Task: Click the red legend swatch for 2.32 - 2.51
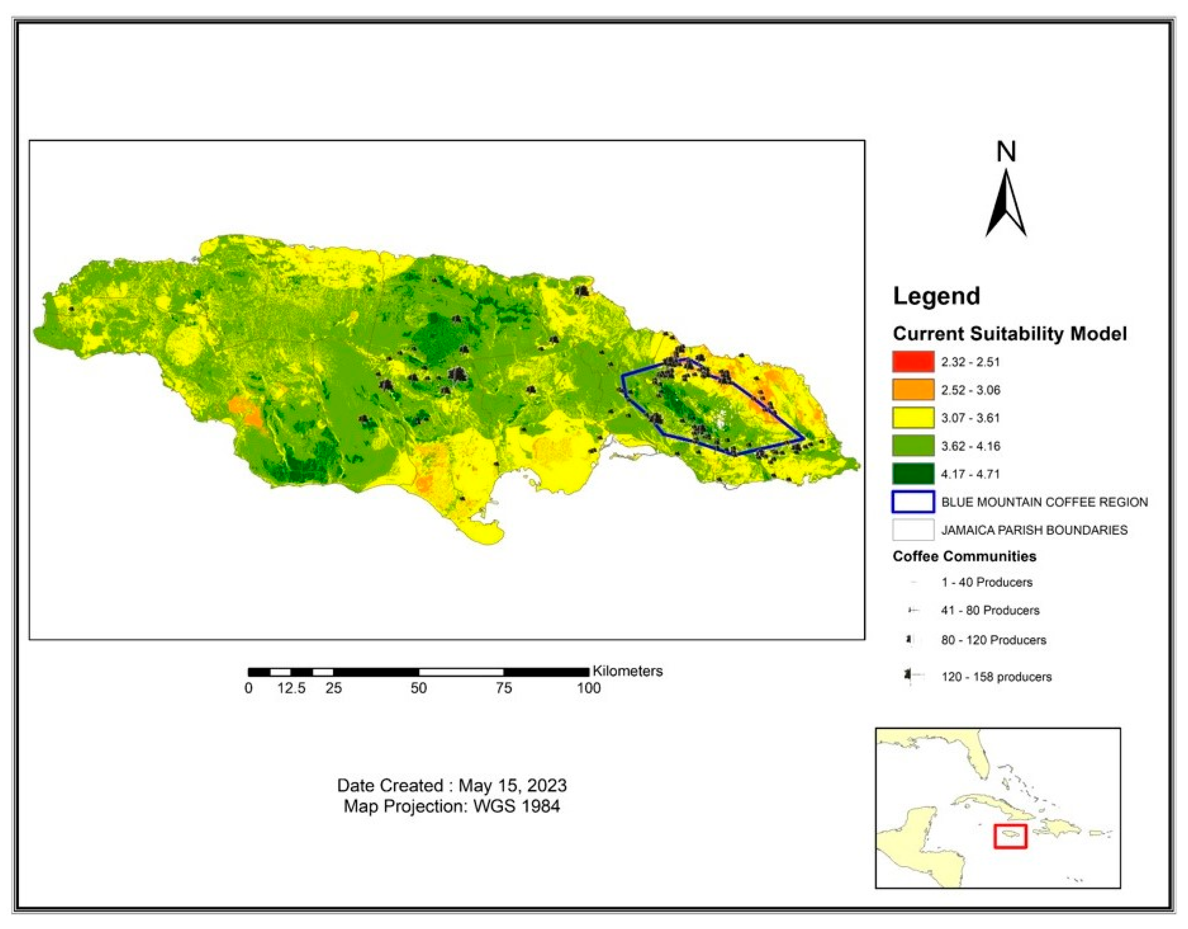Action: click(913, 362)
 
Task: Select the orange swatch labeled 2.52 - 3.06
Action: click(913, 390)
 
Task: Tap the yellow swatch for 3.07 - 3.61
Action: click(913, 418)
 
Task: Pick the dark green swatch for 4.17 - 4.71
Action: click(913, 474)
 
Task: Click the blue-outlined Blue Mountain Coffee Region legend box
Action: click(913, 502)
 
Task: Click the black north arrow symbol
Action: click(1006, 207)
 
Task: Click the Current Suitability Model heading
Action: click(1010, 334)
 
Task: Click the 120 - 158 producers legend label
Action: click(996, 677)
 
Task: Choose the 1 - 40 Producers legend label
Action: click(987, 582)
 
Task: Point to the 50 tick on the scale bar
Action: click(418, 688)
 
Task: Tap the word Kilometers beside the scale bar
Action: click(627, 671)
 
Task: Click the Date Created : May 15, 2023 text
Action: click(451, 785)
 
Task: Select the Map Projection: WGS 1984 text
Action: click(451, 806)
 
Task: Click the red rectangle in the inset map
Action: click(1010, 836)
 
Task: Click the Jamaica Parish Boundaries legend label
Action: click(1034, 530)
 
